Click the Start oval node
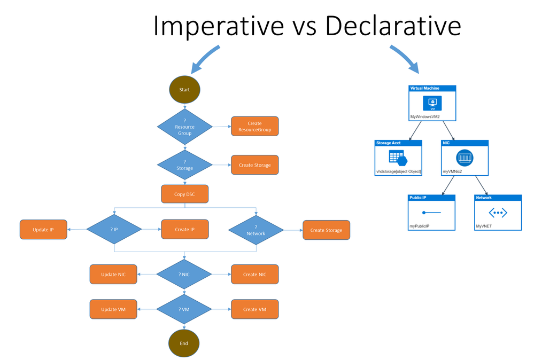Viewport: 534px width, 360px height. pos(184,90)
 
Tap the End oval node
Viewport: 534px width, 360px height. pos(184,343)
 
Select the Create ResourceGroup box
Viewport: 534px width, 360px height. pos(255,126)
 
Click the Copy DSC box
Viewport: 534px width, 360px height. pos(184,194)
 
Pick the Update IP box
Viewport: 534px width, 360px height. pos(43,229)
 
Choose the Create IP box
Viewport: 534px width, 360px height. pos(184,229)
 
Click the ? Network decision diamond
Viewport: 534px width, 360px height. pos(256,230)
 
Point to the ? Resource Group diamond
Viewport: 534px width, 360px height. pos(184,127)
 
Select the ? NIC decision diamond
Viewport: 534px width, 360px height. pos(184,274)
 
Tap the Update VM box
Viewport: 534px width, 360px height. pos(113,309)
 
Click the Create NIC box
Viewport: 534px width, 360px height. pos(255,274)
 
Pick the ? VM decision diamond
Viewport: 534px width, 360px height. pos(184,309)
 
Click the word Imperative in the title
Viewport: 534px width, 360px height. pos(218,26)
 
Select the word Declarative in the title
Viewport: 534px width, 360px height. pos(393,25)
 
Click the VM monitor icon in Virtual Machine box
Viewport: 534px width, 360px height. pos(432,103)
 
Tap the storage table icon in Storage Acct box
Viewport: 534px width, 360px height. pos(398,158)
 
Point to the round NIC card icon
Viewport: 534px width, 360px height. pos(465,158)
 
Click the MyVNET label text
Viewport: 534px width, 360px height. pos(484,226)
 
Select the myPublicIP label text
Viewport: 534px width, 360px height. pos(419,226)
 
